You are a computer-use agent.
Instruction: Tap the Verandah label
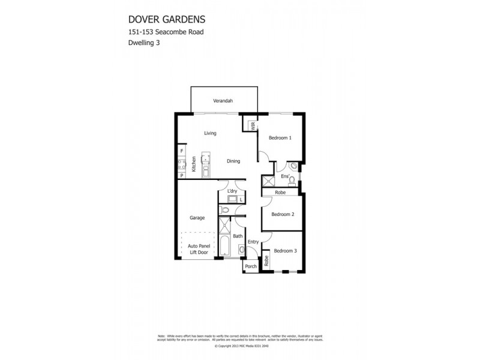tap(222, 101)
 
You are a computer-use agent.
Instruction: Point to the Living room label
tap(209, 133)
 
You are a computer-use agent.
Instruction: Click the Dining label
tap(233, 161)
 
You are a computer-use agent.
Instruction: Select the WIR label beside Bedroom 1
tap(253, 127)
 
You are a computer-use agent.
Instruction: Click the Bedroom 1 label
tap(280, 138)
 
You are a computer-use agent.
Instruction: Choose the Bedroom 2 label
tap(282, 214)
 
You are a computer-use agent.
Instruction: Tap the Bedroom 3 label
tap(286, 251)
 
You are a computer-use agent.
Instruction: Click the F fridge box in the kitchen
tap(181, 151)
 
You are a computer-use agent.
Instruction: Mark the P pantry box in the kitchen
tap(181, 175)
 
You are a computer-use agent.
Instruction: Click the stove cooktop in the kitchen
tap(181, 162)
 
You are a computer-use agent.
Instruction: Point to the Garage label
tap(197, 218)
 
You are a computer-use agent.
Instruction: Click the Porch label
tap(250, 266)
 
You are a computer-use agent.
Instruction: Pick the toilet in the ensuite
tap(292, 167)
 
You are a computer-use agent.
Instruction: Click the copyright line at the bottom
tap(240, 346)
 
